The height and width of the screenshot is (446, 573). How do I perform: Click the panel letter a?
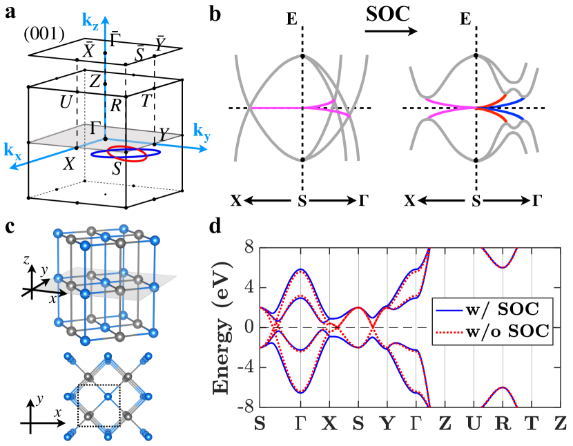click(x=9, y=11)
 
